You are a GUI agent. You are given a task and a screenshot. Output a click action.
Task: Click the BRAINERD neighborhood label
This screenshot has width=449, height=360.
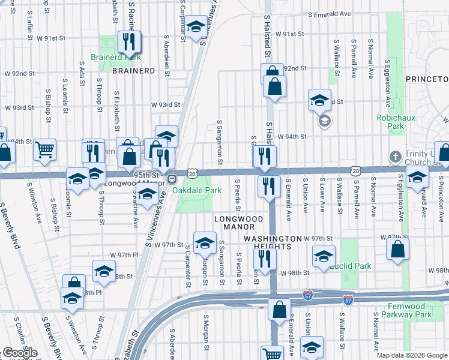(x=133, y=70)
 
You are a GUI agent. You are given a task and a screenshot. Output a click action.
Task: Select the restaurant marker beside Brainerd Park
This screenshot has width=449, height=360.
(x=128, y=42)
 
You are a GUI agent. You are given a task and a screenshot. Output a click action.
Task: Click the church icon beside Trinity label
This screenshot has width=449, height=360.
(x=395, y=155)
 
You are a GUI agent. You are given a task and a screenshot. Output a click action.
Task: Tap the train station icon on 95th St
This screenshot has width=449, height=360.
(x=172, y=178)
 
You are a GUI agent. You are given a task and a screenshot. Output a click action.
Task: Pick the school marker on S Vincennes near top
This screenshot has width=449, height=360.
(x=195, y=26)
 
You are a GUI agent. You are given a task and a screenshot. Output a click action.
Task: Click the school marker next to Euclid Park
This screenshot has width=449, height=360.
(x=324, y=256)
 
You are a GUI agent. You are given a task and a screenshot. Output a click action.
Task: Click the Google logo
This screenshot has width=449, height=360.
(x=20, y=353)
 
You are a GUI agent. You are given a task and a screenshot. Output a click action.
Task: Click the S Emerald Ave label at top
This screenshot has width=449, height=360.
(x=329, y=13)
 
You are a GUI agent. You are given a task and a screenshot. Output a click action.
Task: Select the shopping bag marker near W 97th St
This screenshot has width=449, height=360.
(x=398, y=248)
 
